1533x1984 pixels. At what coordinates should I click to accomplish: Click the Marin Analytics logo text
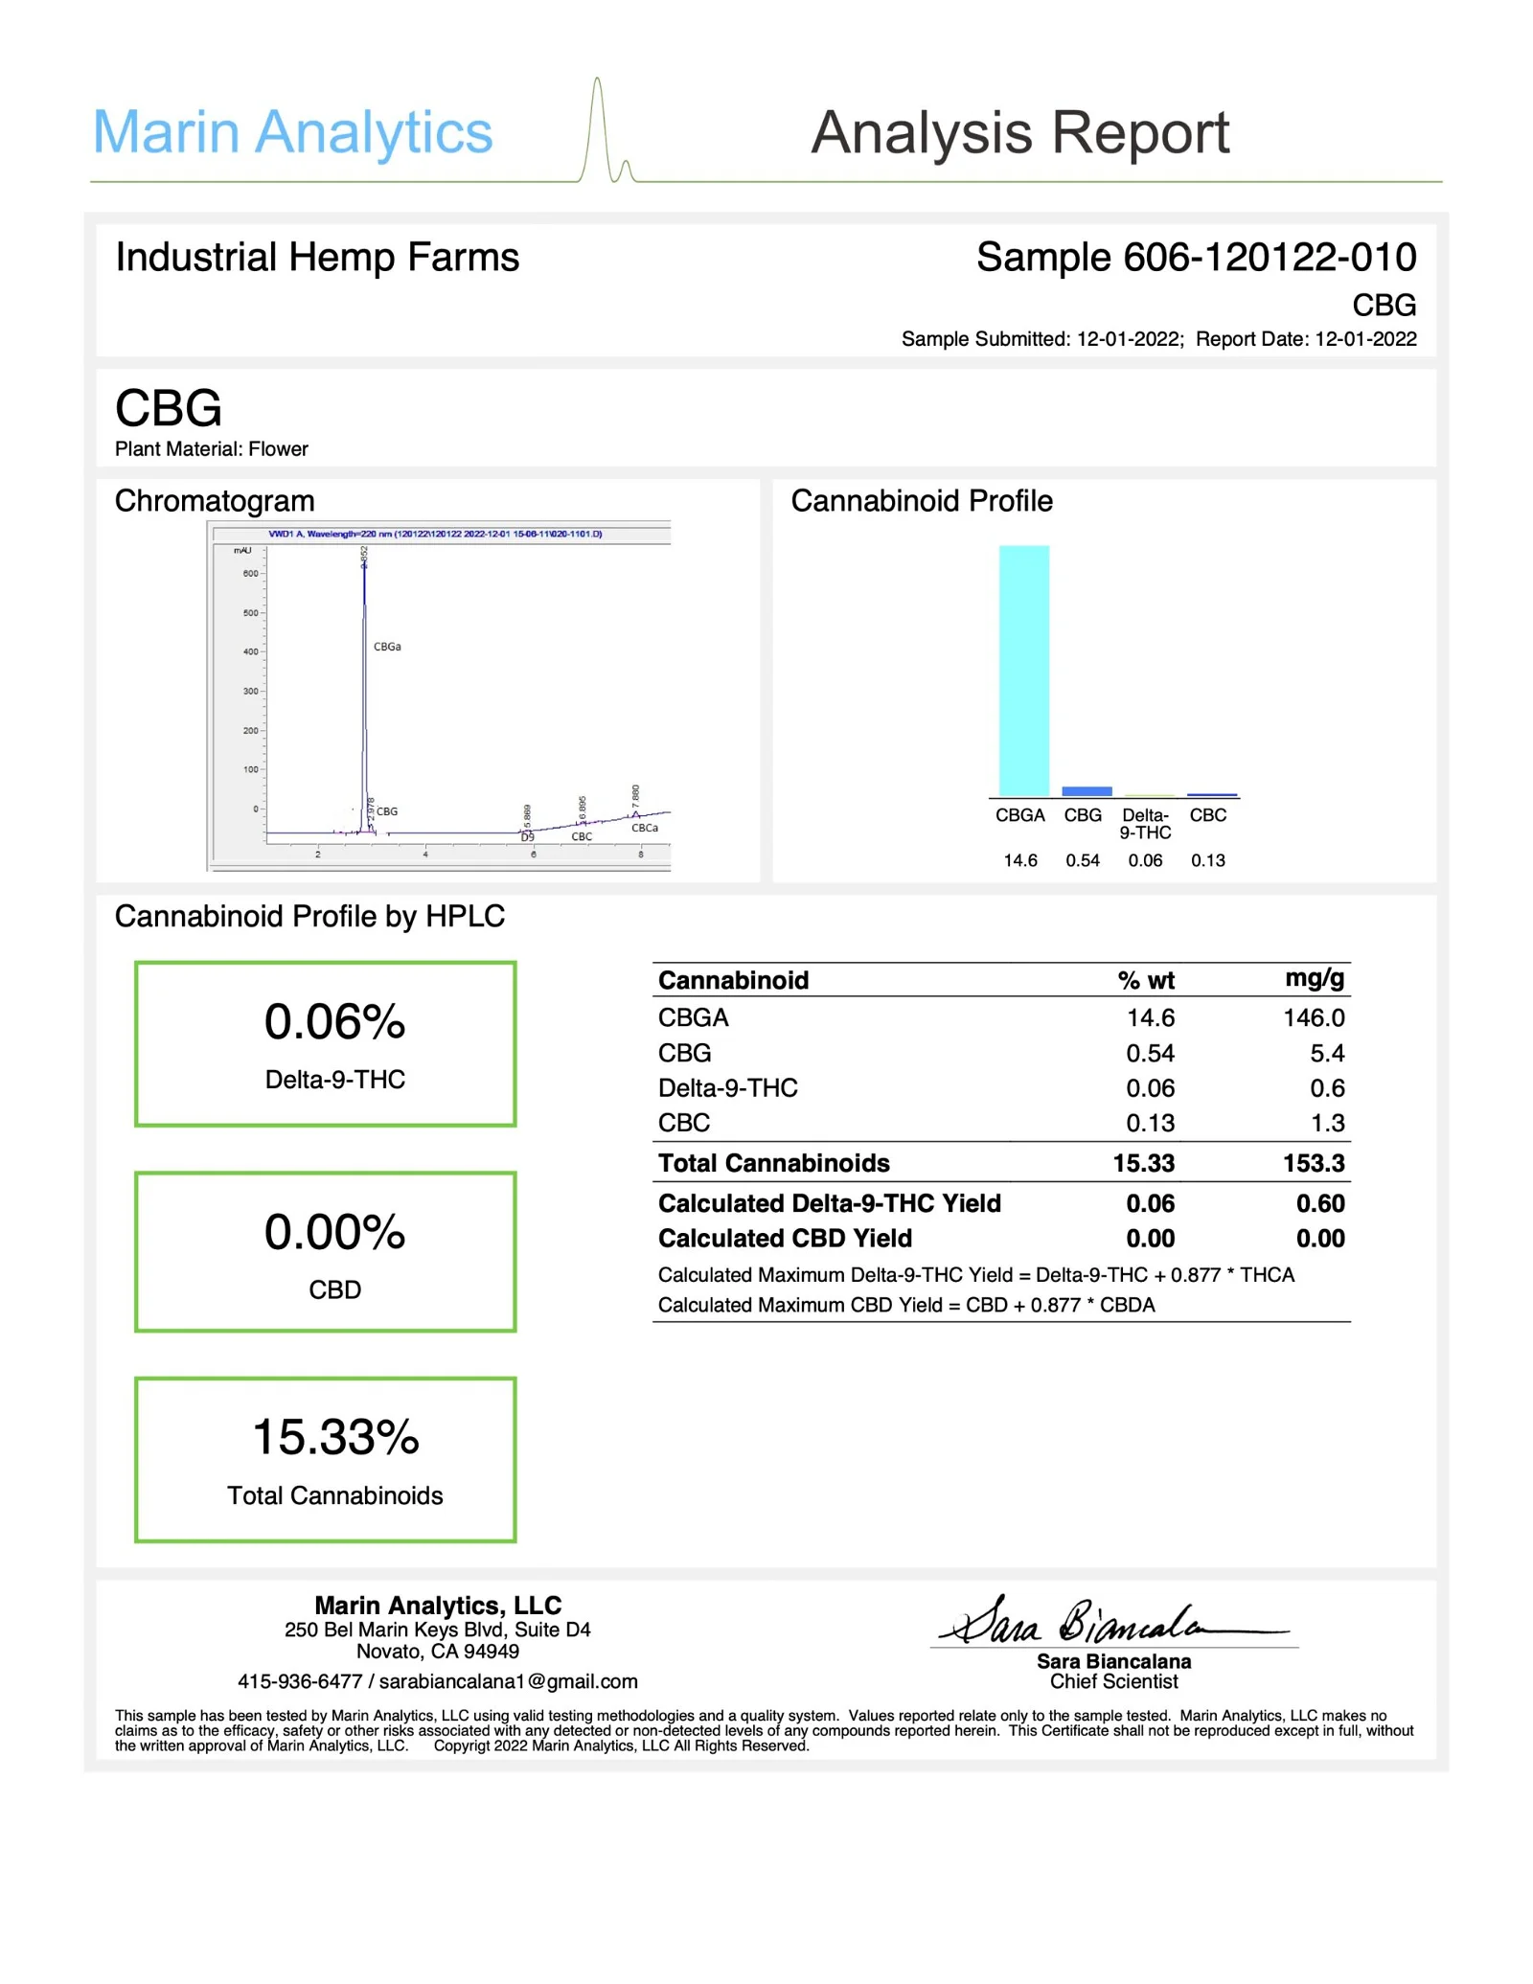tap(292, 132)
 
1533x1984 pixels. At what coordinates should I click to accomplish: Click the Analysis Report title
tap(1019, 132)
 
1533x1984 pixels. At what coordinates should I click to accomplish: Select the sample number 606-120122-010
tap(1269, 257)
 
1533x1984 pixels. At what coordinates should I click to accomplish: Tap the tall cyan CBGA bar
tap(1023, 671)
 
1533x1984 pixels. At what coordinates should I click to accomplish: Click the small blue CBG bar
tap(1087, 790)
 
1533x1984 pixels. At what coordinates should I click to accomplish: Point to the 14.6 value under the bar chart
tap(1019, 860)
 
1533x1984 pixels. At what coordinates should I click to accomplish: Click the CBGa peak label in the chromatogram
tap(387, 647)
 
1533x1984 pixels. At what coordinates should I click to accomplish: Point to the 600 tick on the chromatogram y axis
tap(250, 574)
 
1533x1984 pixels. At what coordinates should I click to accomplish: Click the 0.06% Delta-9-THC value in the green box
tap(334, 1022)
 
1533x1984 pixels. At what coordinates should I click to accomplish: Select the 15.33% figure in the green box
tap(335, 1437)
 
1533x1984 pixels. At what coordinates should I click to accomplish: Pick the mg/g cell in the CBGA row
tap(1314, 1017)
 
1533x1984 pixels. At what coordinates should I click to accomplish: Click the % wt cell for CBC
tap(1150, 1123)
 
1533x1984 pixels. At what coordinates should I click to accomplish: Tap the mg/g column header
tap(1315, 978)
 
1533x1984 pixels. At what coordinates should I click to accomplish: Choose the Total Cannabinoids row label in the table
tap(773, 1163)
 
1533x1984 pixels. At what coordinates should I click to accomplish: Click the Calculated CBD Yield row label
tap(785, 1238)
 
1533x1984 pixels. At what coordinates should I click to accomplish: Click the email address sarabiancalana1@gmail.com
tap(508, 1681)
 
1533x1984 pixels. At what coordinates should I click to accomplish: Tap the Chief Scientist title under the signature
tap(1113, 1681)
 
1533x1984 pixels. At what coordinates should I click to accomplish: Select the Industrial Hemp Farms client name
tap(317, 257)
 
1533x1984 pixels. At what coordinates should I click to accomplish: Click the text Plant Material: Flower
tap(212, 448)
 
